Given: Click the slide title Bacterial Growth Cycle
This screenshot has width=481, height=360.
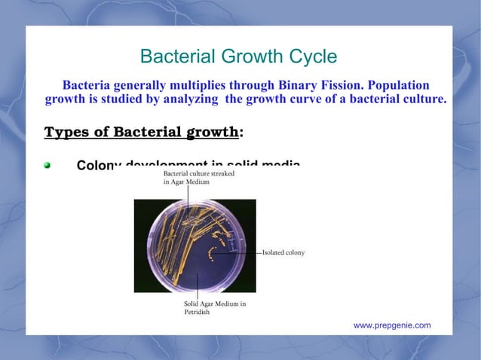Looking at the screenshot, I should (x=239, y=57).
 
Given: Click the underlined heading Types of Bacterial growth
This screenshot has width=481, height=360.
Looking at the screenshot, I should (x=142, y=133).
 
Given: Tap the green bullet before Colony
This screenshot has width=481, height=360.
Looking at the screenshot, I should (x=48, y=166).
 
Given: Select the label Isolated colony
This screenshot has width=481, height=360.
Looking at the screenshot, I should (x=283, y=253).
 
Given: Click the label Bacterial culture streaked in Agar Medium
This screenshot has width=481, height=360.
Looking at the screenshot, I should (x=198, y=178).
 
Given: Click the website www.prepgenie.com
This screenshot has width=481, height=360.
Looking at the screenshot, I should (x=392, y=325).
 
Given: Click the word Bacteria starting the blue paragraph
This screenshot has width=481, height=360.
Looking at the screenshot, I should (x=87, y=84).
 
